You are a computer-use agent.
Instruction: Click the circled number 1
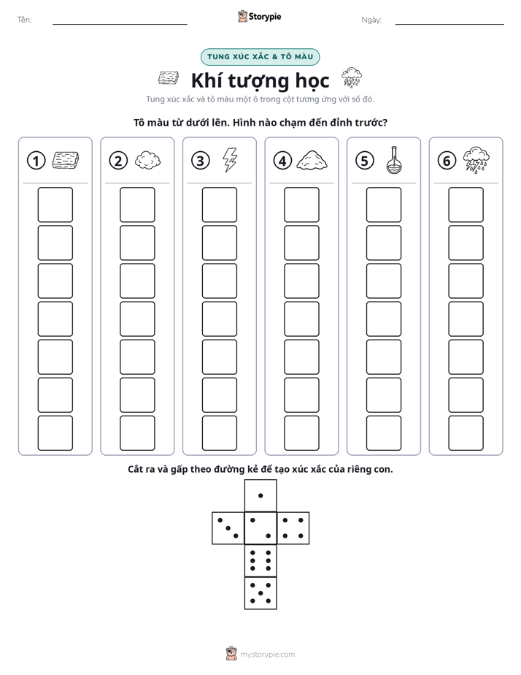point(36,161)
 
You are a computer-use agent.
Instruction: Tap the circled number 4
point(282,161)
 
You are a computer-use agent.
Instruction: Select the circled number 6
point(447,161)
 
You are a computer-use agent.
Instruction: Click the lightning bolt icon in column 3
point(230,160)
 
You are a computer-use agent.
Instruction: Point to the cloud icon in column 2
point(148,160)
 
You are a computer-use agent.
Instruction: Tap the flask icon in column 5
point(393,160)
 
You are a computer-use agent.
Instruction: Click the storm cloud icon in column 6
point(476,160)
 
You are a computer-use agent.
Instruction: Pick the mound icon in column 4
point(312,160)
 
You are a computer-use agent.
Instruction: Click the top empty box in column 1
point(55,205)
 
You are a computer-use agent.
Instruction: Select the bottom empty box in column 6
point(466,433)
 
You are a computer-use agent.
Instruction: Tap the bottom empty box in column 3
point(220,433)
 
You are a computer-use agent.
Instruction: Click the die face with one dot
point(260,495)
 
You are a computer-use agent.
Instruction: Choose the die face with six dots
point(260,560)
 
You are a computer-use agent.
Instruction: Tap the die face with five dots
point(260,592)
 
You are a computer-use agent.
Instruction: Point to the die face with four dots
point(293,527)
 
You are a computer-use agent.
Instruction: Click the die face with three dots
point(228,527)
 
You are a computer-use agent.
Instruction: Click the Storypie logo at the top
point(259,17)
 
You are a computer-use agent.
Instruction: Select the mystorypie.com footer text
point(267,655)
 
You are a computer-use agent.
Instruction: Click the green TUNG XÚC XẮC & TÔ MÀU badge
point(260,57)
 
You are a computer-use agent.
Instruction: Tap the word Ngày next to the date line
point(371,20)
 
